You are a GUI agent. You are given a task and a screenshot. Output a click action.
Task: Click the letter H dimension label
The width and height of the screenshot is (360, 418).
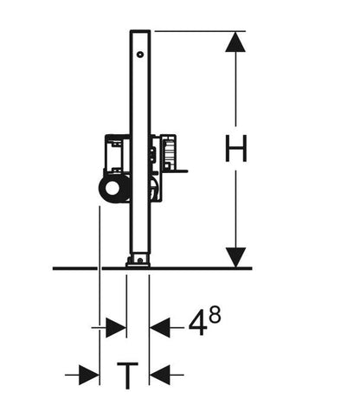click(x=235, y=148)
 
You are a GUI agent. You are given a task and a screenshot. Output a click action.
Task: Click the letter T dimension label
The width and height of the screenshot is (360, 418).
click(x=127, y=376)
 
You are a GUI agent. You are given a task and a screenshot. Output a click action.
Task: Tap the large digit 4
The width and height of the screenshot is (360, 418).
click(x=198, y=325)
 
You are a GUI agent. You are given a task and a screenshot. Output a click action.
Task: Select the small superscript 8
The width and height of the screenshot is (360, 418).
click(x=215, y=314)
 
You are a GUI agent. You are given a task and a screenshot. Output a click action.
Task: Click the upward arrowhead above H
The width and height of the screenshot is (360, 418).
click(x=235, y=42)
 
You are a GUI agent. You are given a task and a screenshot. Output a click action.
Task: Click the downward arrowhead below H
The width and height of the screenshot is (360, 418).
click(x=235, y=257)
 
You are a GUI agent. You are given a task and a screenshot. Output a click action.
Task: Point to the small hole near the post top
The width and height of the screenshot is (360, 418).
click(x=140, y=55)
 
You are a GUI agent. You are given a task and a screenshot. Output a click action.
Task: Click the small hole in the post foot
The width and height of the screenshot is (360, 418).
click(x=140, y=260)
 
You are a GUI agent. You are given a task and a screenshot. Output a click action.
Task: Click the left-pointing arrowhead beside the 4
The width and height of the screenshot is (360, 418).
click(x=160, y=328)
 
